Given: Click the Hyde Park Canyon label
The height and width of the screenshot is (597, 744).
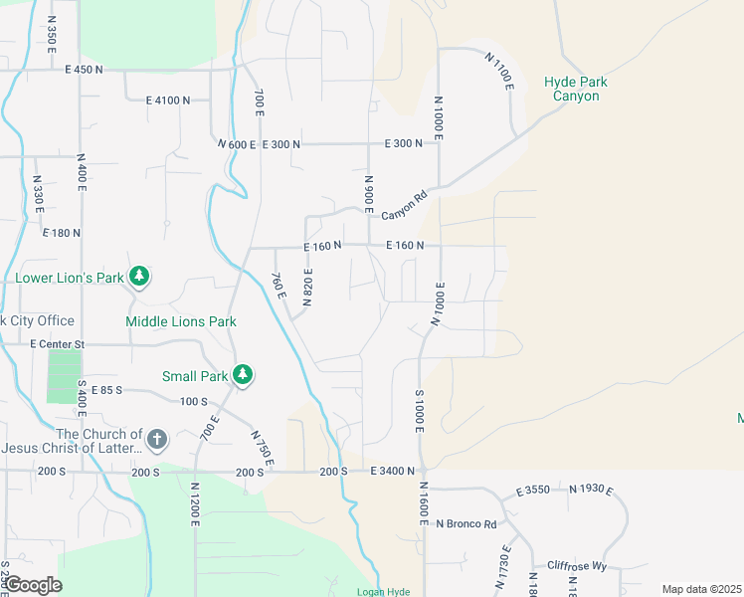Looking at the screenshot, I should point(576,89).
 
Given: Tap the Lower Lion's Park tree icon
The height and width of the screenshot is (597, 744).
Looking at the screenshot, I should point(140,277).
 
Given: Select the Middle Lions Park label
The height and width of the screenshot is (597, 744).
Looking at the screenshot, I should point(181,321).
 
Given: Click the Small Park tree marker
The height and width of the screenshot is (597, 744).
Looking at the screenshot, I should point(242,375).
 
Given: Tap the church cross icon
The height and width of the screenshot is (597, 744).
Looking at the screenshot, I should point(156,439).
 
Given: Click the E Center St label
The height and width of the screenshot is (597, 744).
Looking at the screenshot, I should point(58,343).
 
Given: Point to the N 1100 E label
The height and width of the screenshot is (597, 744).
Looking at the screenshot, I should point(499,72).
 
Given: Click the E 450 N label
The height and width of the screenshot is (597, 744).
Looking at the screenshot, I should point(85,70).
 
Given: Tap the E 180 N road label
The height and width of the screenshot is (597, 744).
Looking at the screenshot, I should point(61,232).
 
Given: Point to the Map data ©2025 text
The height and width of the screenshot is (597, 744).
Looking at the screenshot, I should point(701,589).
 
